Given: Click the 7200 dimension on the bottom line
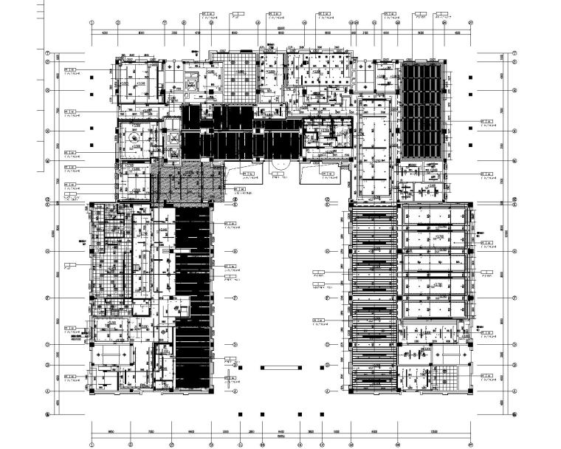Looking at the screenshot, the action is pos(151,433).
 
